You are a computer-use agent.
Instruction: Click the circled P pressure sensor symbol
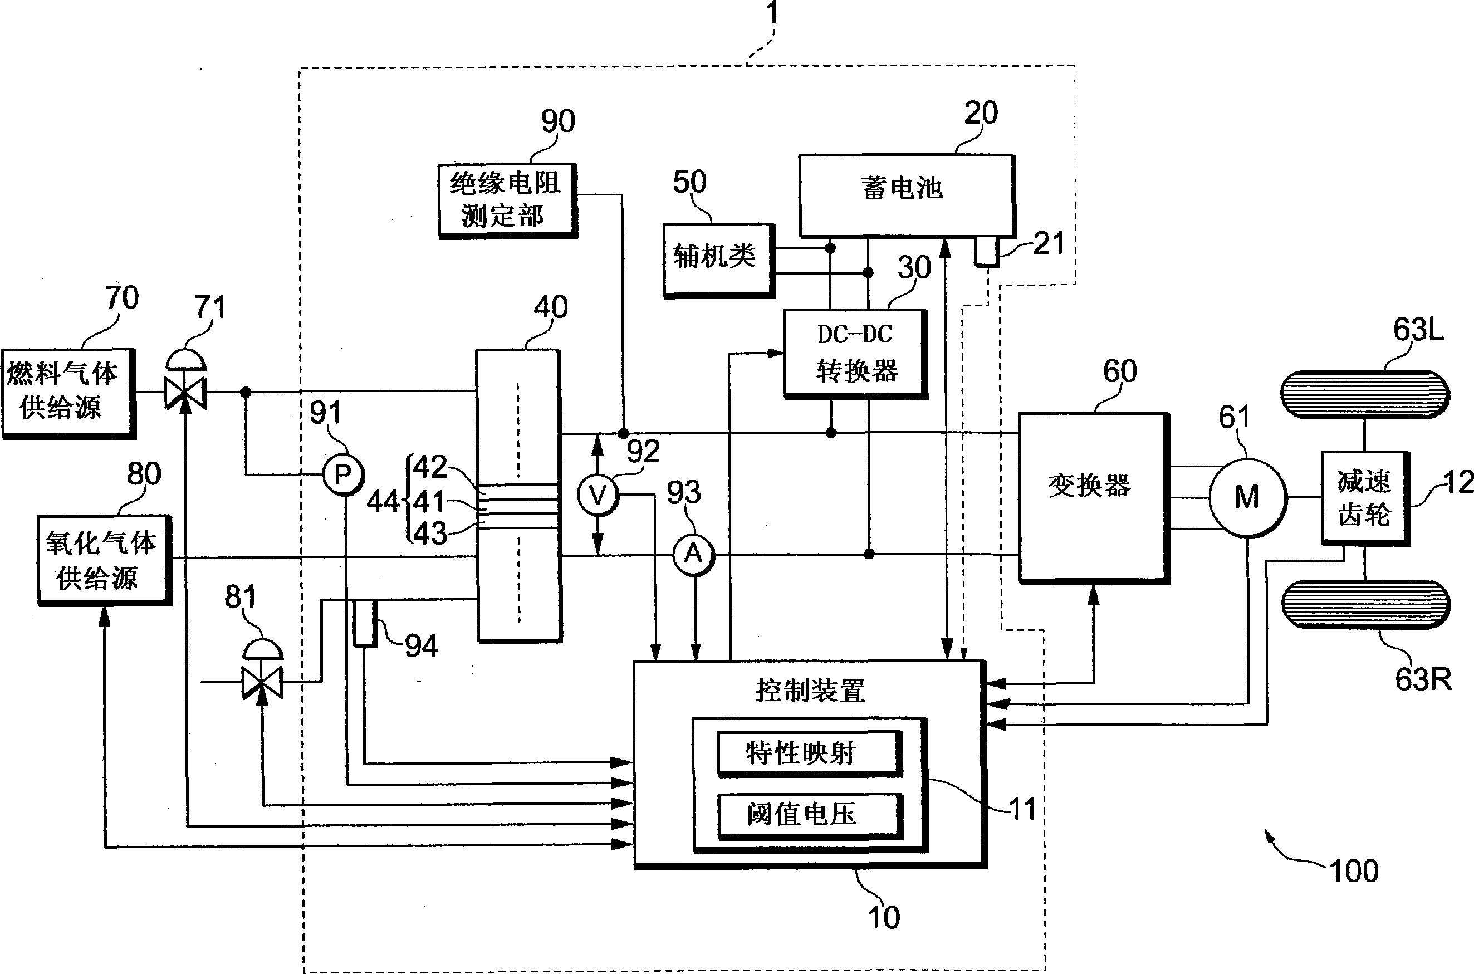pos(343,475)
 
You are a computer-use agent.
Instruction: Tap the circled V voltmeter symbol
pos(598,495)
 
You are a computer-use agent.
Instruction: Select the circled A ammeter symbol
pos(694,554)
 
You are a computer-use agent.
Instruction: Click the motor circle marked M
pos(1247,497)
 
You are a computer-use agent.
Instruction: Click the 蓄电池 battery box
pos(906,195)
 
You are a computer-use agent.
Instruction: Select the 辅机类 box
pos(718,260)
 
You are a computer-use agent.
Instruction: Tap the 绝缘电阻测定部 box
pos(507,200)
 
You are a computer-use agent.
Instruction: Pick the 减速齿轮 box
pos(1365,498)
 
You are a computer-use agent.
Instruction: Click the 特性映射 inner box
pos(808,753)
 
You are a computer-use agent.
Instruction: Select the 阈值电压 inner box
pos(808,814)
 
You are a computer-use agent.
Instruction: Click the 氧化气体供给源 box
pos(103,559)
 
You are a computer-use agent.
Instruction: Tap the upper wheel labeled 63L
pos(1365,394)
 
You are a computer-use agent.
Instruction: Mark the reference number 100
pos(1355,872)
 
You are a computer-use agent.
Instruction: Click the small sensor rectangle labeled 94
pos(365,623)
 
